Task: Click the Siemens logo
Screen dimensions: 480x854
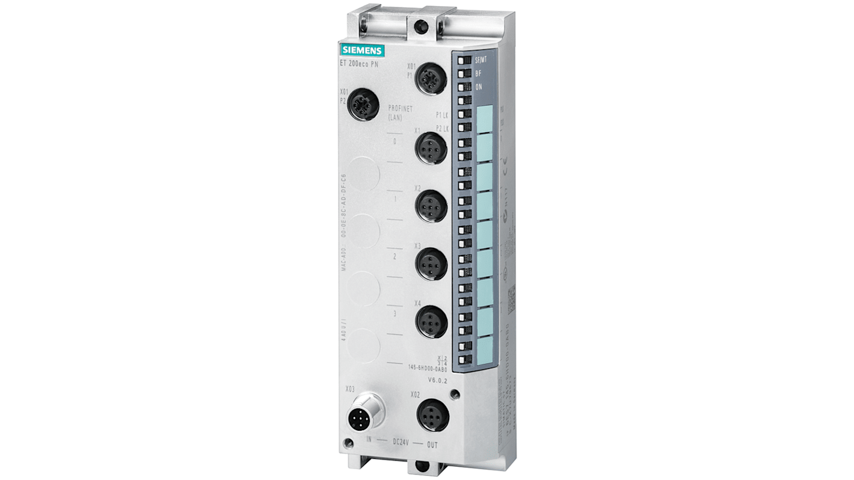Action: click(362, 50)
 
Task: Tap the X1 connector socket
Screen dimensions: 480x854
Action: click(431, 148)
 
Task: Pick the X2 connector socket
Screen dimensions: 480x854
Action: click(431, 206)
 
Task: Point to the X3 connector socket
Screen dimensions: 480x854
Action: click(431, 263)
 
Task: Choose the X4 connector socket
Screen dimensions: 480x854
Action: click(431, 321)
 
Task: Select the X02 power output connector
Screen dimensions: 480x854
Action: click(434, 414)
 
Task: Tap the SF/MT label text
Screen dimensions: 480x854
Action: click(482, 60)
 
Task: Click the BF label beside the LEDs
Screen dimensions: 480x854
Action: click(478, 73)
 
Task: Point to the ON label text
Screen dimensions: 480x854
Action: click(479, 87)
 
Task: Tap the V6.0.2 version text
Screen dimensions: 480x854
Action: click(438, 380)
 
